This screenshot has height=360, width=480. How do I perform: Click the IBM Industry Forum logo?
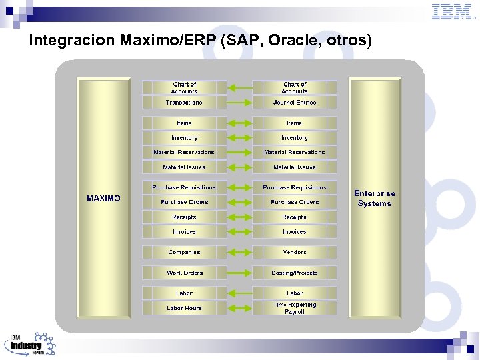[30, 345]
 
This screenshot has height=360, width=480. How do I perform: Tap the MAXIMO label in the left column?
[104, 199]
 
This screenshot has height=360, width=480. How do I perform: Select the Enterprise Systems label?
[375, 199]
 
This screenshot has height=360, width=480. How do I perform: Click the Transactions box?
[184, 103]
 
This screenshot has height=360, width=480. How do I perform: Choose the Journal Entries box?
[295, 103]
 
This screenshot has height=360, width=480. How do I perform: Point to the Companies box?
[184, 253]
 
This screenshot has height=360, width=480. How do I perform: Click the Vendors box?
[295, 253]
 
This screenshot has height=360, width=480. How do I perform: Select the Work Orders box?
[184, 273]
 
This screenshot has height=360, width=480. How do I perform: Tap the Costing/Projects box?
[295, 273]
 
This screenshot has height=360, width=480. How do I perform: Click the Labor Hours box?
[184, 308]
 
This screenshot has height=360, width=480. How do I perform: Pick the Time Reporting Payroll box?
[295, 308]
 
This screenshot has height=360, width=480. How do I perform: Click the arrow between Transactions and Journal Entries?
[239, 103]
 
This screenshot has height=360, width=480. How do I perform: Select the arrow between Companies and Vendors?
[239, 253]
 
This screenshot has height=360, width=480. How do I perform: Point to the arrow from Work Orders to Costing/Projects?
[239, 273]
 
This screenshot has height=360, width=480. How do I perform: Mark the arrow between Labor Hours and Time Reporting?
[239, 308]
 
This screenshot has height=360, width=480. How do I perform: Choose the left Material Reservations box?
[184, 152]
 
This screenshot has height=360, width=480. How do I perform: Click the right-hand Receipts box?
[295, 217]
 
